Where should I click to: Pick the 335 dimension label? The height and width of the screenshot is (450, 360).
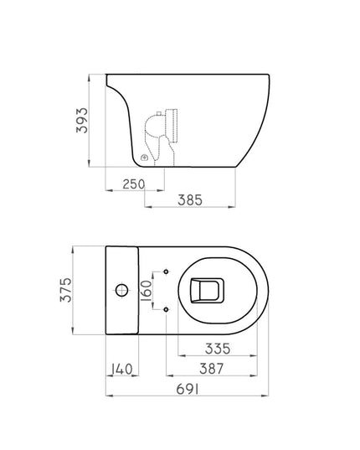(216, 348)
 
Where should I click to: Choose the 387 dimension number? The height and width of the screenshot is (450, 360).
(216, 370)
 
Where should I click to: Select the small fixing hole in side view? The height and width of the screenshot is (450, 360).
(144, 156)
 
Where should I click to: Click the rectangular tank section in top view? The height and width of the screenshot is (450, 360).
(123, 291)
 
